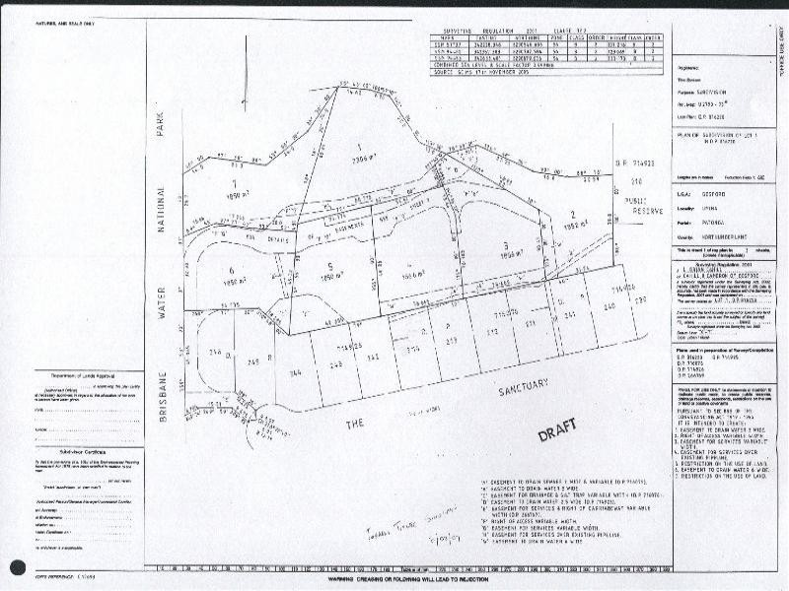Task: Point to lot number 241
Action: [x=570, y=315]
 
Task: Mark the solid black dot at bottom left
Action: [x=17, y=567]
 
